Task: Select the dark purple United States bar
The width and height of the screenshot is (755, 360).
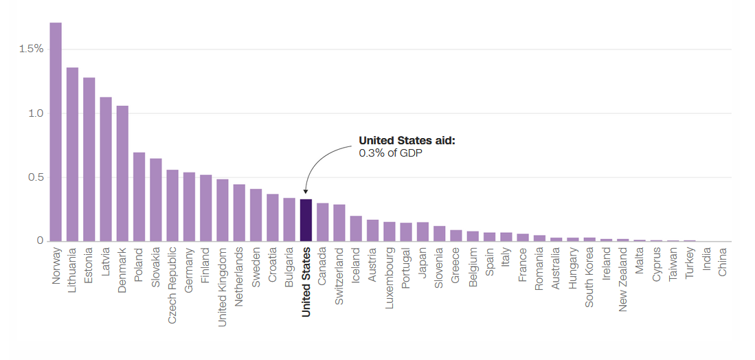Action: click(306, 221)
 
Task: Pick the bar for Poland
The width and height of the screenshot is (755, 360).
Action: click(139, 196)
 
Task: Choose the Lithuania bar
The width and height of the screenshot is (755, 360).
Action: click(72, 155)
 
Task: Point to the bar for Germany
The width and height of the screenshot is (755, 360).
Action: click(189, 207)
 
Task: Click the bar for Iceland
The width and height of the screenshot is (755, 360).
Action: click(356, 229)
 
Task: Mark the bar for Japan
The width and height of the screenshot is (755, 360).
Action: click(422, 232)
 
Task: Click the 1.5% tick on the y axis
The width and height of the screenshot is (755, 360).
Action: click(32, 49)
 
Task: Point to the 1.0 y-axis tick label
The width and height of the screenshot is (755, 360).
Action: click(36, 113)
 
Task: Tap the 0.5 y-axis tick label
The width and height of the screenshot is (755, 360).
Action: click(36, 177)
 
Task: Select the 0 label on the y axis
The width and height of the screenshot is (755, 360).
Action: click(41, 240)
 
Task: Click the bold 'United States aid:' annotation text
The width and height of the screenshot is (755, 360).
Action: click(407, 141)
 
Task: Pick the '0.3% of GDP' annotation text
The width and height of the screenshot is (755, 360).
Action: click(390, 153)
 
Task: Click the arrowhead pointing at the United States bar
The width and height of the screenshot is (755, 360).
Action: click(306, 192)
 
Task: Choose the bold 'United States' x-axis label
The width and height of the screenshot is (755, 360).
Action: click(306, 282)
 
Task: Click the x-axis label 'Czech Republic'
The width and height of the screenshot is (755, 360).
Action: click(172, 285)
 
